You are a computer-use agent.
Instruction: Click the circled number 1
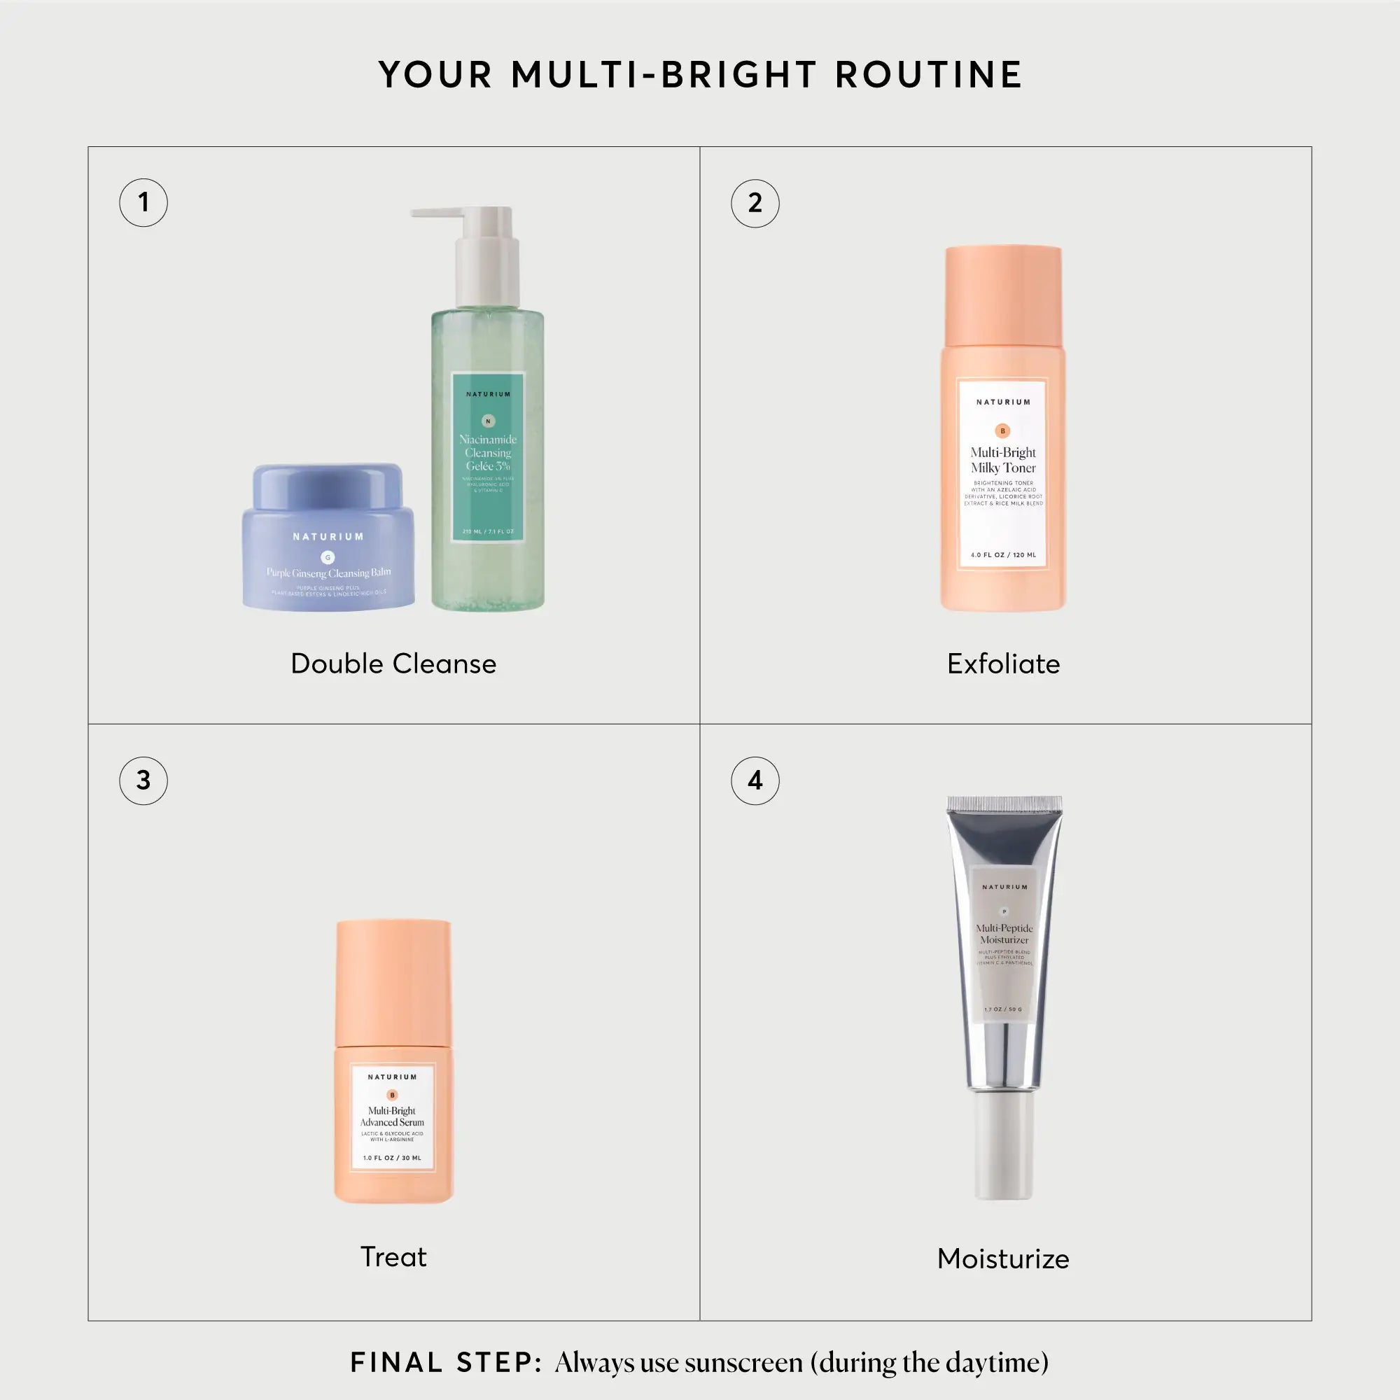pos(143,202)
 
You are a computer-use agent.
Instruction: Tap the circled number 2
pos(755,203)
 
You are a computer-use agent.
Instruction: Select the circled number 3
pos(143,780)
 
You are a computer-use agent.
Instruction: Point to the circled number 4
pos(755,780)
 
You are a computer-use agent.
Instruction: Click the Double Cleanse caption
pos(393,664)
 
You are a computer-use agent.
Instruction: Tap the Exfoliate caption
pos(1003,664)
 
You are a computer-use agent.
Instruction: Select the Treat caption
pos(393,1256)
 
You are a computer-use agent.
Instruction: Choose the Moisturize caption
pos(1003,1259)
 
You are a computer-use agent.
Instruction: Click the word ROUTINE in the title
pos(928,75)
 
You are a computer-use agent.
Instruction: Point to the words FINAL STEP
pos(446,1362)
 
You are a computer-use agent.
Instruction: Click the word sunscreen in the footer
pos(744,1363)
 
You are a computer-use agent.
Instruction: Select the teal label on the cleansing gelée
pos(488,456)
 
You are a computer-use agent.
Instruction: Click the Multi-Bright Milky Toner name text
pos(1003,460)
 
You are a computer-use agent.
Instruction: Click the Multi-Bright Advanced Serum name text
pos(392,1116)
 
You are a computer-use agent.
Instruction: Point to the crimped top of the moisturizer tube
pos(1004,803)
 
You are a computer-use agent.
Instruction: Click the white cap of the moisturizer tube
pos(1004,1145)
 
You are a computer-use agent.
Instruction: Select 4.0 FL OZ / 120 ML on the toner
pos(1003,555)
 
